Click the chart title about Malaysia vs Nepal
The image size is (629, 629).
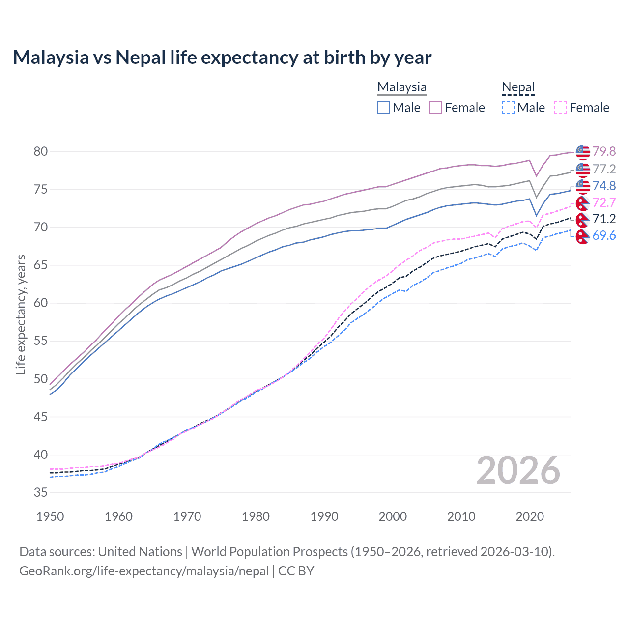[x=222, y=57]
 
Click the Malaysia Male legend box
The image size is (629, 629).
[x=384, y=108]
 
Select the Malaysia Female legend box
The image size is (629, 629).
[x=436, y=108]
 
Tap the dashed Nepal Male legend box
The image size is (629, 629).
[x=508, y=108]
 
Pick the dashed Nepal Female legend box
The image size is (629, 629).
[x=561, y=108]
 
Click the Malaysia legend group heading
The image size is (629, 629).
[x=402, y=87]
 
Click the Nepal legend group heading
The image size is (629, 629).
[x=518, y=87]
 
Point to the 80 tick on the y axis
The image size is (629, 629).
[x=41, y=151]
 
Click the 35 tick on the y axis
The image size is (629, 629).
[x=41, y=493]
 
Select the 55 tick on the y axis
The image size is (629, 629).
[x=41, y=341]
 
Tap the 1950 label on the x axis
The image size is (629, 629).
[x=50, y=516]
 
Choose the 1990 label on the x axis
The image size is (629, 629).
[x=324, y=516]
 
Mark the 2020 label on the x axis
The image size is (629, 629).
[x=529, y=516]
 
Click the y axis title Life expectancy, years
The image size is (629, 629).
[x=21, y=314]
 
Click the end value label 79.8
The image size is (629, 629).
[x=604, y=151]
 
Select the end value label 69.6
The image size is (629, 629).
[x=604, y=236]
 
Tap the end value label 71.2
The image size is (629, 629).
[x=604, y=219]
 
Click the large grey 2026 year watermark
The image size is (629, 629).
[x=518, y=471]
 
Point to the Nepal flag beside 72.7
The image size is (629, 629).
[x=582, y=203]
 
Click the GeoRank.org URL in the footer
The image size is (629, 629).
[x=144, y=571]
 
